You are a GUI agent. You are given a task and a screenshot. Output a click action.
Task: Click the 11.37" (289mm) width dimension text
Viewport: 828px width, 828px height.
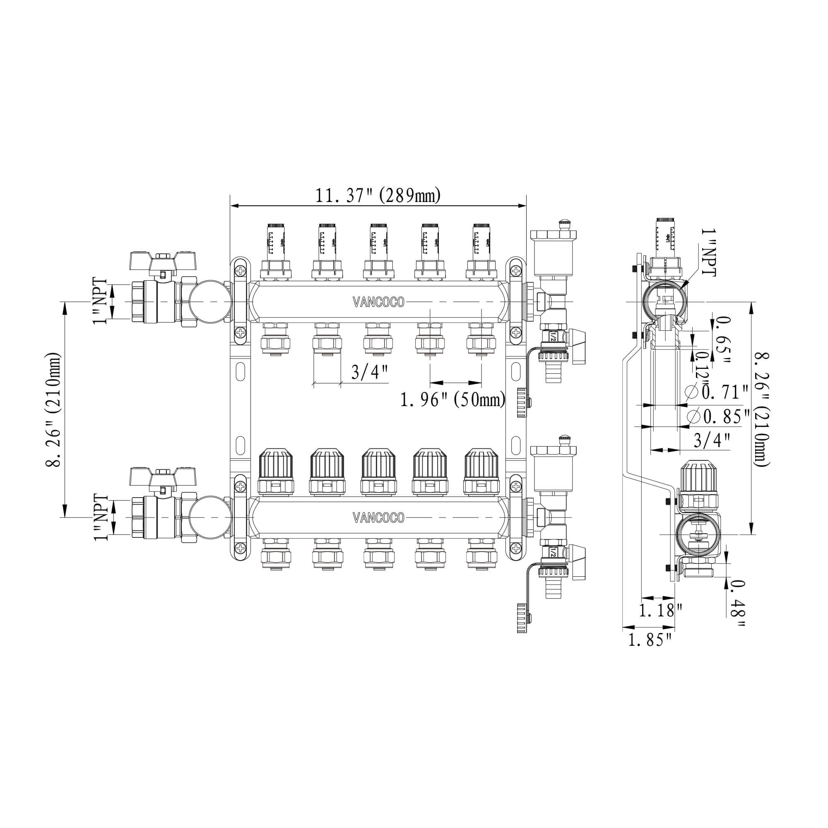point(378,196)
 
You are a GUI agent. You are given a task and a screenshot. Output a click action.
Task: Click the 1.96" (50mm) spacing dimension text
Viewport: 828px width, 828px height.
point(453,400)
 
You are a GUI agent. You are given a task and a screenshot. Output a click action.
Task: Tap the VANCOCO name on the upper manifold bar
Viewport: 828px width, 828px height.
point(378,302)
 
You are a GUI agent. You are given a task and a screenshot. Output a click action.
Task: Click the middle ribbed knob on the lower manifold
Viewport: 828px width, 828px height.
point(378,465)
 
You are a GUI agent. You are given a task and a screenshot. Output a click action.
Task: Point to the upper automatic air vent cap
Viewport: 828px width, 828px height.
point(555,235)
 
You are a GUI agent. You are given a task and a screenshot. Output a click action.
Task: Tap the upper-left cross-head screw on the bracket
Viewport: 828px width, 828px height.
point(242,271)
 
